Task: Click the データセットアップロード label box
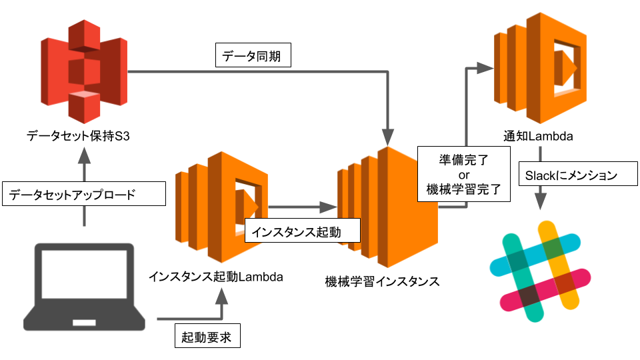83,195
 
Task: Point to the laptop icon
83,287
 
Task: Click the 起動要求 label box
207,337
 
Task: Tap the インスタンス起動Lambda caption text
216,275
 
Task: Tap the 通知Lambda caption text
539,137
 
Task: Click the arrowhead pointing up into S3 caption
84,156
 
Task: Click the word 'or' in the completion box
465,175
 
